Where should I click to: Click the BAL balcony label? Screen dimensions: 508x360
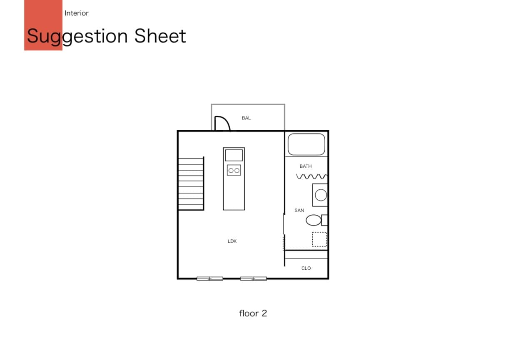point(246,118)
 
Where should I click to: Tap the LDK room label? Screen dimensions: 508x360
point(232,241)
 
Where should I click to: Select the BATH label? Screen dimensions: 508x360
point(306,166)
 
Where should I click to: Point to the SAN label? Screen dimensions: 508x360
point(299,211)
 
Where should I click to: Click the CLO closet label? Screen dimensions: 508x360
point(306,268)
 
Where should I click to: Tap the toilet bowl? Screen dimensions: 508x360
point(314,220)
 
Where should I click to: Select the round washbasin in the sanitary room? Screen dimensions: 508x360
point(321,195)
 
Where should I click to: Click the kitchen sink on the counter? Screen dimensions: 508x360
point(234,155)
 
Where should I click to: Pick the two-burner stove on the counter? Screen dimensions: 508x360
point(234,170)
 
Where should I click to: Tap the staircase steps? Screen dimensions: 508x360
point(191,184)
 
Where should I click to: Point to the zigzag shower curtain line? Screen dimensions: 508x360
point(312,176)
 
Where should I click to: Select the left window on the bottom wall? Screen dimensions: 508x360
point(210,278)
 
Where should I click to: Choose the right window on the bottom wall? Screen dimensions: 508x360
point(254,278)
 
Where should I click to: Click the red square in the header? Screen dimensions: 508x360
point(43,25)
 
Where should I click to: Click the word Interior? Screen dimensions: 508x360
point(77,13)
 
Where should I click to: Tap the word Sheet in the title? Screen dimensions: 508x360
point(160,36)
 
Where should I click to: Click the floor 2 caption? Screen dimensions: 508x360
point(253,313)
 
